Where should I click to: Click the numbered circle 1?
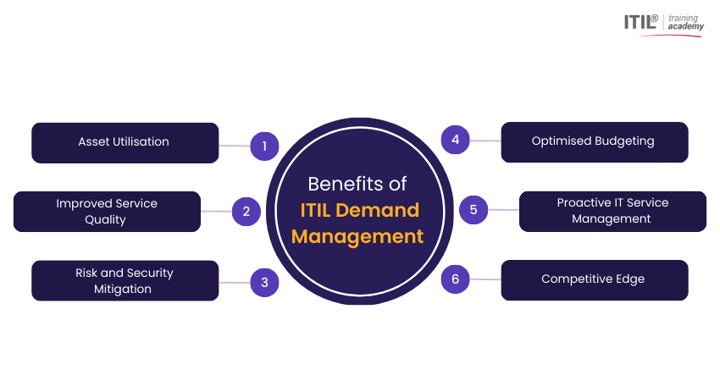(264, 146)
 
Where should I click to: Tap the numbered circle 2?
(246, 212)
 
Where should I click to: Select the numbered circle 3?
(264, 283)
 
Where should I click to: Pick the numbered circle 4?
(456, 140)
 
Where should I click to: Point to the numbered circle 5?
(474, 209)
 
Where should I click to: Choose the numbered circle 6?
(456, 279)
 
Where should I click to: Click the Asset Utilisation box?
(125, 142)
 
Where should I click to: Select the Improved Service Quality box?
(107, 212)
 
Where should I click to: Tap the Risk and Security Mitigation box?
(125, 281)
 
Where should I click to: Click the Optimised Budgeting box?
(594, 141)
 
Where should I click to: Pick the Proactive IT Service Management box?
(612, 211)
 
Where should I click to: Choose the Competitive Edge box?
(594, 279)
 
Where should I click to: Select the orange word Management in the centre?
(357, 236)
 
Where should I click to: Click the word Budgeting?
(623, 141)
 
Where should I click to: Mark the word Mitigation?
(124, 289)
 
